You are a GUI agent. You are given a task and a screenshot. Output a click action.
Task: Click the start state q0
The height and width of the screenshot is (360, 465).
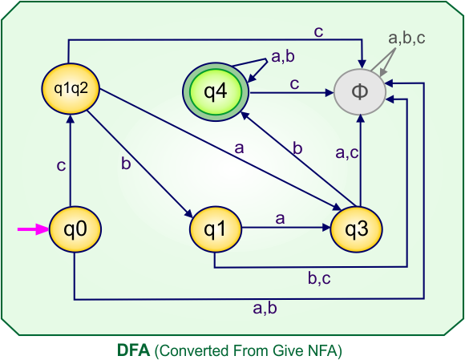[75, 229]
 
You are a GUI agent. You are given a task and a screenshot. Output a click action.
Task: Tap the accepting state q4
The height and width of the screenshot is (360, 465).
[216, 91]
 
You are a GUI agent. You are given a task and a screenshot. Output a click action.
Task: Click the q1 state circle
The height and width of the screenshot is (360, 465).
[214, 229]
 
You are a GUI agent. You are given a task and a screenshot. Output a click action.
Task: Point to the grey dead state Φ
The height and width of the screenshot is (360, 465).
[360, 91]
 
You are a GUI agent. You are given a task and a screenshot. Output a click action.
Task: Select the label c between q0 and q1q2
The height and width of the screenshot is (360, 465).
[60, 166]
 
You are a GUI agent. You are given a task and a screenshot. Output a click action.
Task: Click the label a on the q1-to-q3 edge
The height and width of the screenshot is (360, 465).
[280, 217]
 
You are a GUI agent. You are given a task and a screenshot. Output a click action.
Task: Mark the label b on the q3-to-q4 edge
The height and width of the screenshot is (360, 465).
[297, 148]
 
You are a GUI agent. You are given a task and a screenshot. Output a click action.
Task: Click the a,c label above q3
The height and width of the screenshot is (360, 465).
[346, 152]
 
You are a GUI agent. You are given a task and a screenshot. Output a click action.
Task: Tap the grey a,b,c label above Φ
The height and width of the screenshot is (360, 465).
[406, 37]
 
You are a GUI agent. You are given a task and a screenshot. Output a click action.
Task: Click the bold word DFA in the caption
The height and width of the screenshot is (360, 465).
[132, 350]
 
